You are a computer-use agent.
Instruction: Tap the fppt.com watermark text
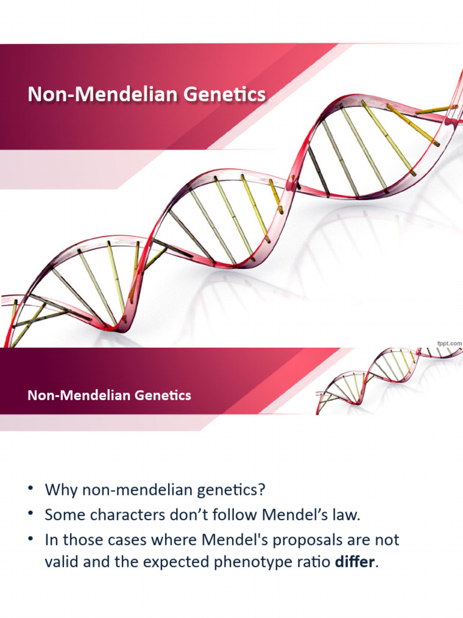pyautogui.click(x=449, y=343)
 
